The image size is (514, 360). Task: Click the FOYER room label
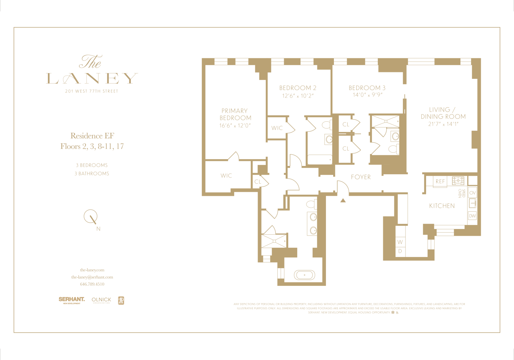click(x=361, y=177)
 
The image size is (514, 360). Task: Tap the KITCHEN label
click(x=442, y=206)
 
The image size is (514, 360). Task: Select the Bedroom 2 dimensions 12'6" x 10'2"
click(x=298, y=96)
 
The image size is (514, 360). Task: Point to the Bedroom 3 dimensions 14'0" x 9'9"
click(x=367, y=95)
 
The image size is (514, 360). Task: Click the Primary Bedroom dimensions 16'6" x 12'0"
click(x=235, y=126)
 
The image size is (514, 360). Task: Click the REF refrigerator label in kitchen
click(x=440, y=181)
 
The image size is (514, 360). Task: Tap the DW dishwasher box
click(x=472, y=216)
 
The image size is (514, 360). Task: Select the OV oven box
click(x=472, y=193)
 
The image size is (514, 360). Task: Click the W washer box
click(x=400, y=242)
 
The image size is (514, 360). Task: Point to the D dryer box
click(x=400, y=251)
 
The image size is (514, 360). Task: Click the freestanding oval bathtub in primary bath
click(x=304, y=275)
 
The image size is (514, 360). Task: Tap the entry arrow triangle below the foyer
click(x=343, y=201)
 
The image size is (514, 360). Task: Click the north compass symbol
click(x=91, y=217)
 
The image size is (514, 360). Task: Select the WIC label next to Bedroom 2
click(x=277, y=128)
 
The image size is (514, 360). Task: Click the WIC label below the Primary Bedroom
click(x=226, y=176)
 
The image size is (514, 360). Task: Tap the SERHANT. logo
click(x=72, y=300)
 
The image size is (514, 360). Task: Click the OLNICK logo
click(x=101, y=300)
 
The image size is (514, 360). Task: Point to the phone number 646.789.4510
click(x=92, y=284)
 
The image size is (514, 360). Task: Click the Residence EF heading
click(x=92, y=136)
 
